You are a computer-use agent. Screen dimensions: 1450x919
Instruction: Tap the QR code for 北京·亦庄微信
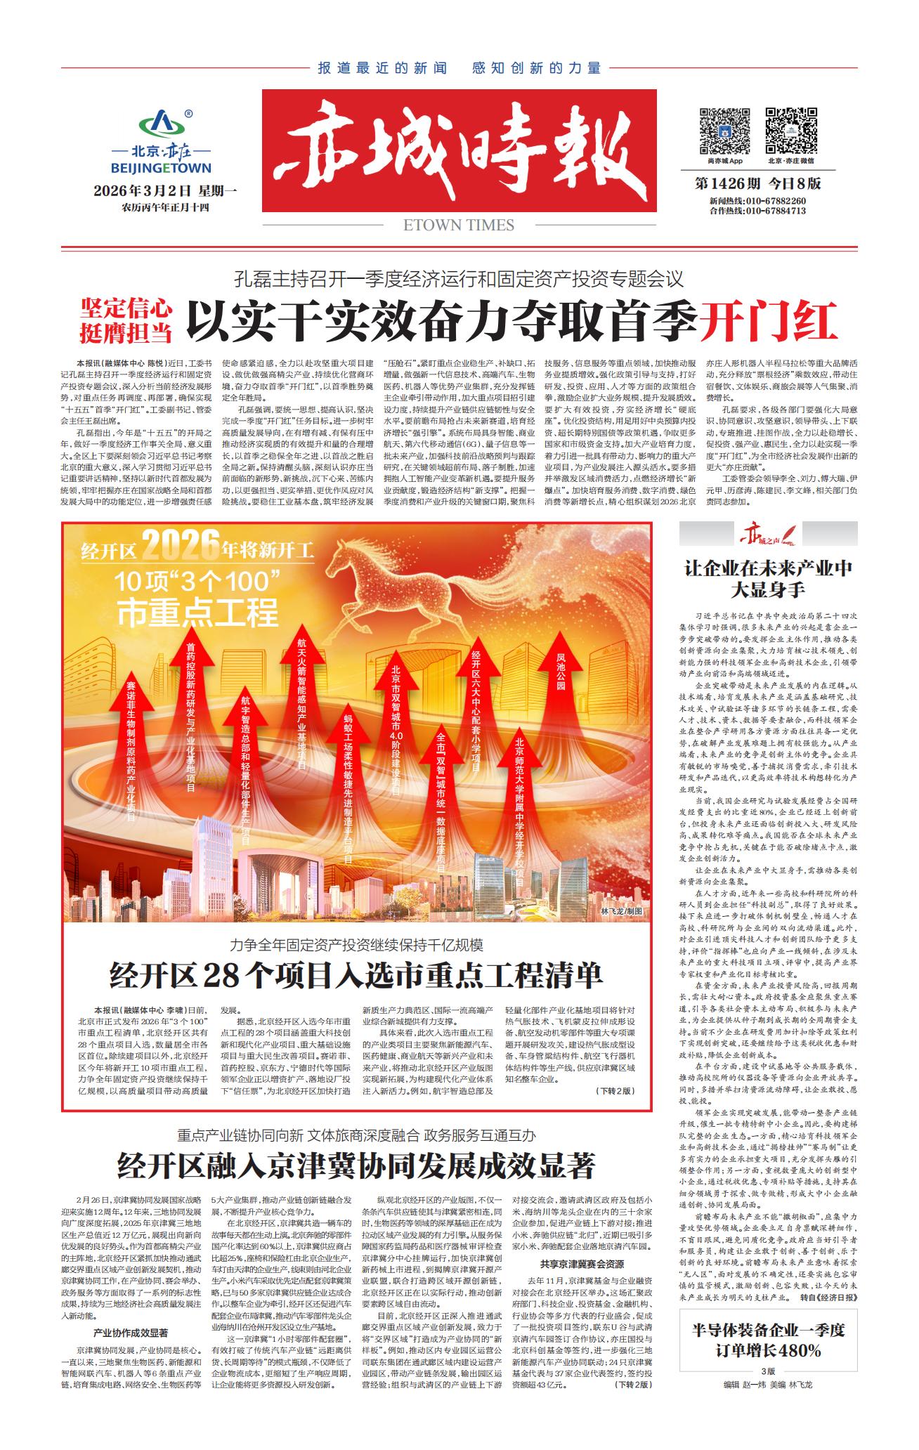(790, 130)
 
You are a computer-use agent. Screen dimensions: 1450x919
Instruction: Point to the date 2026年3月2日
(142, 191)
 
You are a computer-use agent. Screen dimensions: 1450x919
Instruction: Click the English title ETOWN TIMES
(459, 225)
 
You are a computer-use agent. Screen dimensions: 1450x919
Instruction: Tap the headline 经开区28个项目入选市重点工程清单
(356, 975)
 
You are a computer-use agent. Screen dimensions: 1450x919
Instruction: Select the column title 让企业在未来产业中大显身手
(768, 577)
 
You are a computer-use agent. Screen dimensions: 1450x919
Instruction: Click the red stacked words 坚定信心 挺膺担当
(126, 321)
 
